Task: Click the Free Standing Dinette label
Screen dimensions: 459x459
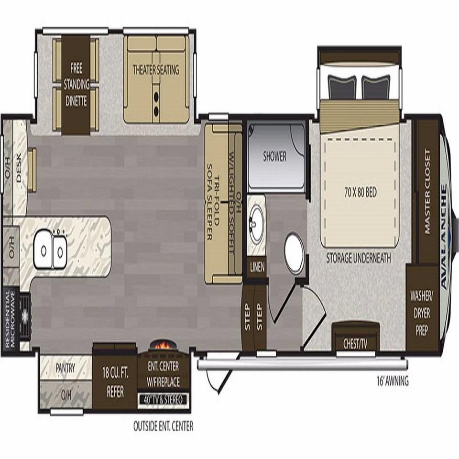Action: coord(76,85)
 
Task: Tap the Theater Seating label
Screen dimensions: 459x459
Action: coord(156,70)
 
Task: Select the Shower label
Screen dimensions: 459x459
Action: coord(274,156)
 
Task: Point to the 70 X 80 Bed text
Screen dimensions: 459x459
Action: coord(361,193)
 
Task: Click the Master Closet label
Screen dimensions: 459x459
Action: coord(427,192)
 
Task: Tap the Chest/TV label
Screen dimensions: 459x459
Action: coord(355,344)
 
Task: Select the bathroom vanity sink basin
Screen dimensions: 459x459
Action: coord(256,224)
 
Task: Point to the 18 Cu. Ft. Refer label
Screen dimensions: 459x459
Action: coord(115,382)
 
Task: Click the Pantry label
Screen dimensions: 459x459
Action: coord(66,368)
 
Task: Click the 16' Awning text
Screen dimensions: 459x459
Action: coord(392,381)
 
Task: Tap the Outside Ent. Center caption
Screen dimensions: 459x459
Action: coord(164,426)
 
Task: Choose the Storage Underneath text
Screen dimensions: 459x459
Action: coord(359,258)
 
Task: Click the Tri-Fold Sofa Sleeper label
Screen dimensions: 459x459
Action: coord(213,202)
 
